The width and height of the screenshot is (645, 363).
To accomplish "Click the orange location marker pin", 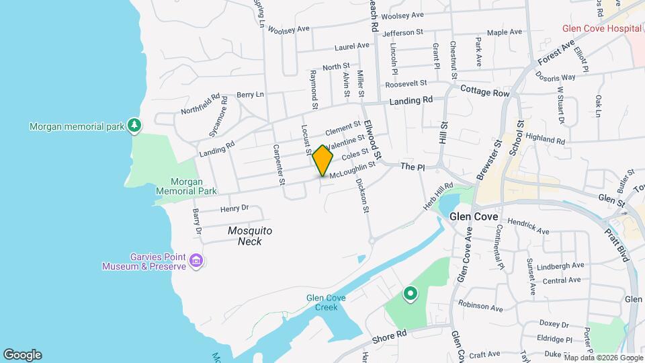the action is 322,159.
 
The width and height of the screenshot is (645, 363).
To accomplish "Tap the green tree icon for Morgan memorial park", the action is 135,124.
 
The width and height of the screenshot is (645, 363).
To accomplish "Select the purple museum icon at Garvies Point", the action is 196,260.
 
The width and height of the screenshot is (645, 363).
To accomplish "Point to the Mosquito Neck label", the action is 249,235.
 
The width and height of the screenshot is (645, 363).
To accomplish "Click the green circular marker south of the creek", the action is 409,294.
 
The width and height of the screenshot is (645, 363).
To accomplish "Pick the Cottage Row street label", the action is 485,91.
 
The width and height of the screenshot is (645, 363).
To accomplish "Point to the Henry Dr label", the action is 234,208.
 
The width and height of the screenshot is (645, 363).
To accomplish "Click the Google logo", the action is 21,354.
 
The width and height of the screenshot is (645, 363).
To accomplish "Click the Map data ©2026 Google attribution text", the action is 603,357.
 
